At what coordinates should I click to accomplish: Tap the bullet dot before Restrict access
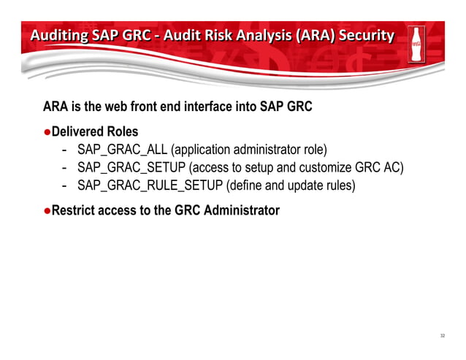pyautogui.click(x=47, y=210)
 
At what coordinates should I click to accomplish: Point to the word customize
pyautogui.click(x=319, y=169)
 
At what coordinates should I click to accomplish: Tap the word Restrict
pyautogui.click(x=75, y=210)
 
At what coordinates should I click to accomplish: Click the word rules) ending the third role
pyautogui.click(x=339, y=185)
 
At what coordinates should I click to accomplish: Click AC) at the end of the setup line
pyautogui.click(x=391, y=169)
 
